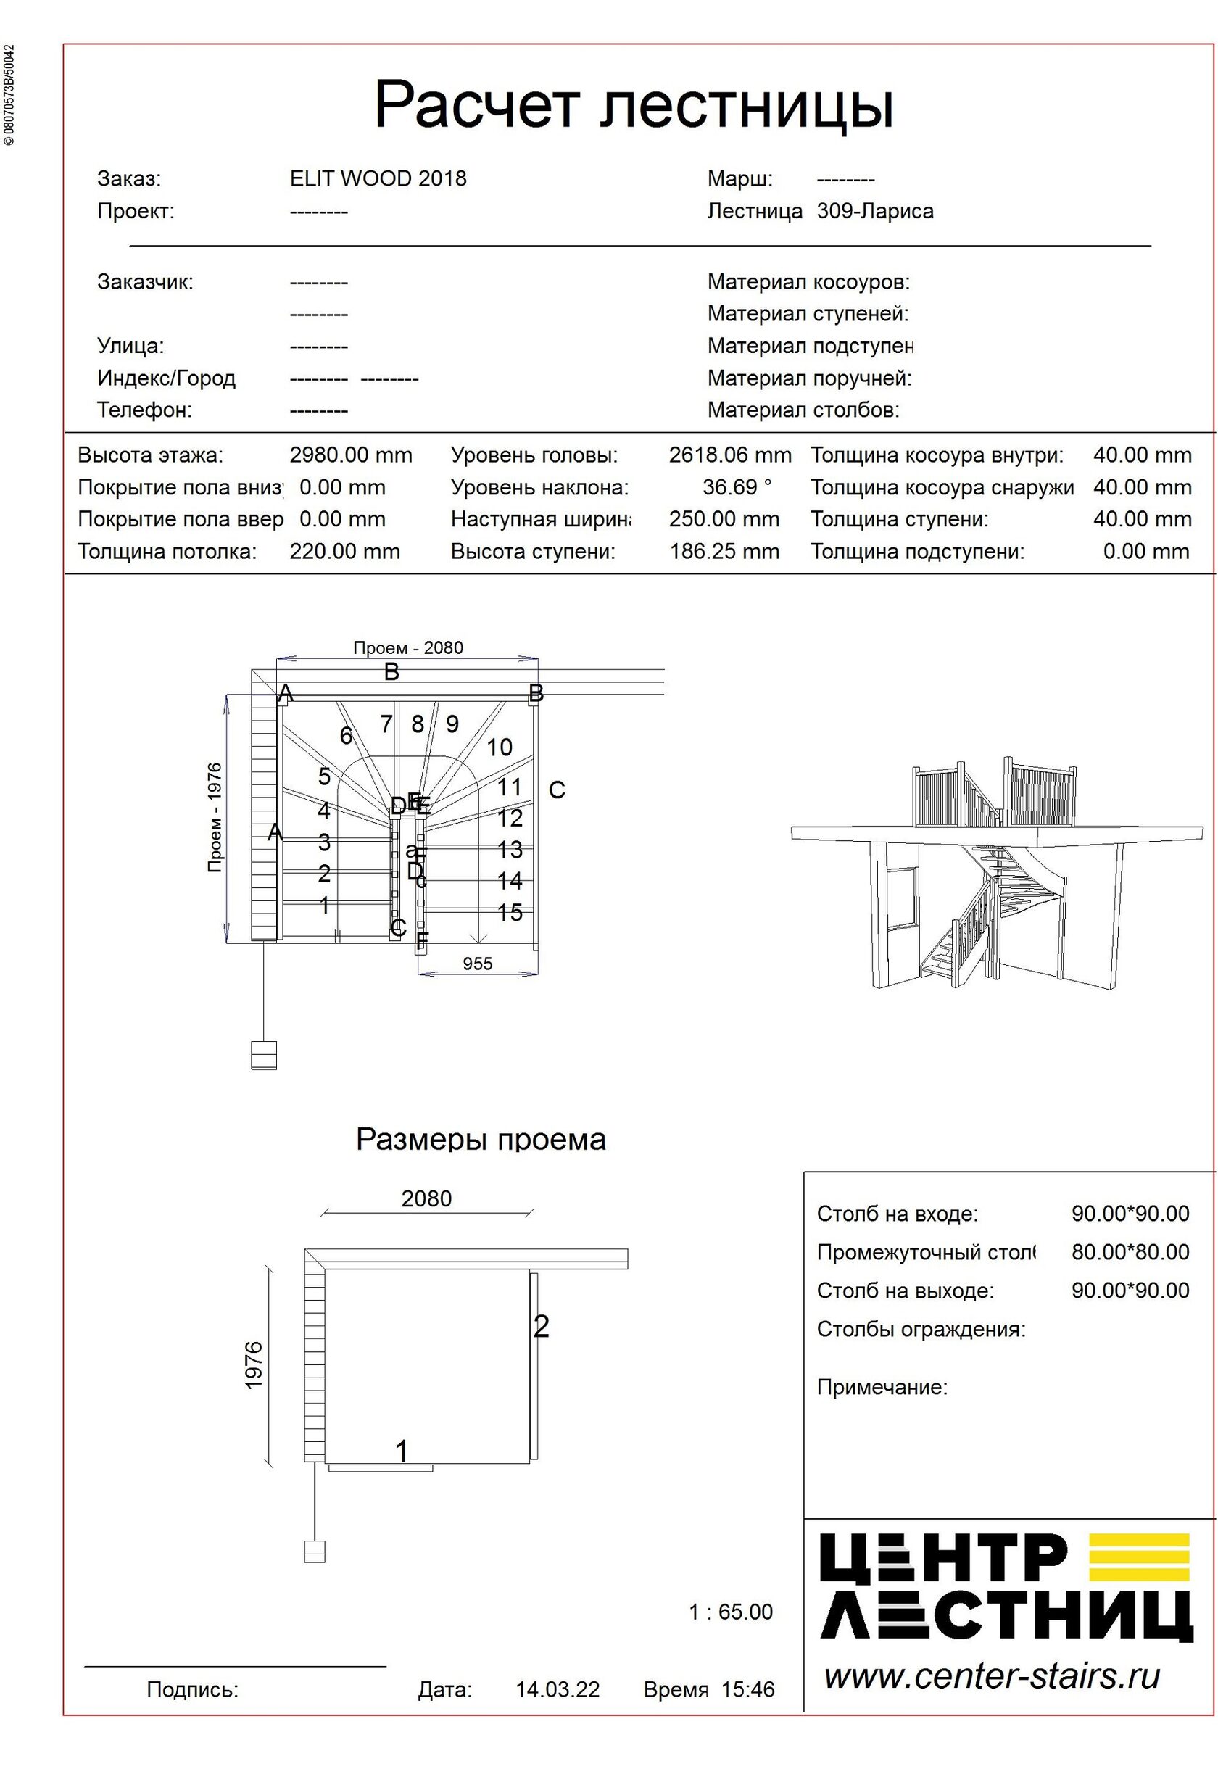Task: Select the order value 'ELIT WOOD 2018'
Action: click(378, 179)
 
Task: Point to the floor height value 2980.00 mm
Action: click(350, 456)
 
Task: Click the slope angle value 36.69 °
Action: click(737, 487)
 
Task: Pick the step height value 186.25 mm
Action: click(724, 551)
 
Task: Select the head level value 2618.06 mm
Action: click(729, 456)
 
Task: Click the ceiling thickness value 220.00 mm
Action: click(344, 551)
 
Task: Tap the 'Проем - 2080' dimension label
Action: click(407, 647)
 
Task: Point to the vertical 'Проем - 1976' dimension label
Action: click(215, 817)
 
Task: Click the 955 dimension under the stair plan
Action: click(477, 964)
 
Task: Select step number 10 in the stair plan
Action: click(500, 747)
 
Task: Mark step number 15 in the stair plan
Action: click(509, 912)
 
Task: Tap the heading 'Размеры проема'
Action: click(480, 1140)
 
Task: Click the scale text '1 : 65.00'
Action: click(730, 1612)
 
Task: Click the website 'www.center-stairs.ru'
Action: click(992, 1675)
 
